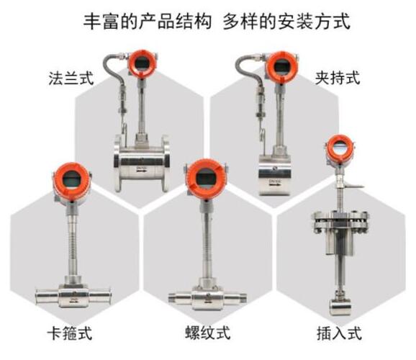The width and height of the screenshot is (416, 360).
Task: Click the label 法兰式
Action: (x=71, y=78)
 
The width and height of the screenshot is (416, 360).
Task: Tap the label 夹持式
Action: (x=338, y=78)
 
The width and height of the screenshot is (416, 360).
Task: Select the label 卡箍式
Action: (x=70, y=333)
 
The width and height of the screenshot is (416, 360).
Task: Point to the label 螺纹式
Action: (x=207, y=333)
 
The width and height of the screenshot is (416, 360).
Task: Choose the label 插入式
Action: (x=339, y=333)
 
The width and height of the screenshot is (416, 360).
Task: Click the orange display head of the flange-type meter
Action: (x=142, y=63)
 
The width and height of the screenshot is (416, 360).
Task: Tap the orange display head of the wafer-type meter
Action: (x=281, y=66)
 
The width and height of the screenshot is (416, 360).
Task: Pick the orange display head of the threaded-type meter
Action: (x=206, y=179)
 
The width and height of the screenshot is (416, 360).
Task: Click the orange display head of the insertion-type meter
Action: (x=340, y=148)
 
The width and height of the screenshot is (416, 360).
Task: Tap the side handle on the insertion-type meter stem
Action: (x=353, y=186)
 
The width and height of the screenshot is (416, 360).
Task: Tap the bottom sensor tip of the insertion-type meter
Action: (x=340, y=307)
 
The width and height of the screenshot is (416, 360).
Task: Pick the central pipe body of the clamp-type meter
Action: (x=73, y=295)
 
